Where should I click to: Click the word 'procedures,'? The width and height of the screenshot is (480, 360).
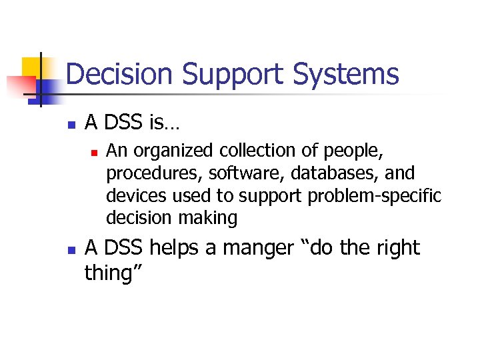(x=155, y=174)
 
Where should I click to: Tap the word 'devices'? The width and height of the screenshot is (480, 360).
(x=131, y=195)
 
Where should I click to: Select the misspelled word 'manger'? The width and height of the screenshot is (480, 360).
(x=257, y=248)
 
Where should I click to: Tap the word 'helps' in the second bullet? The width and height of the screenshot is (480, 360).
(x=175, y=248)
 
